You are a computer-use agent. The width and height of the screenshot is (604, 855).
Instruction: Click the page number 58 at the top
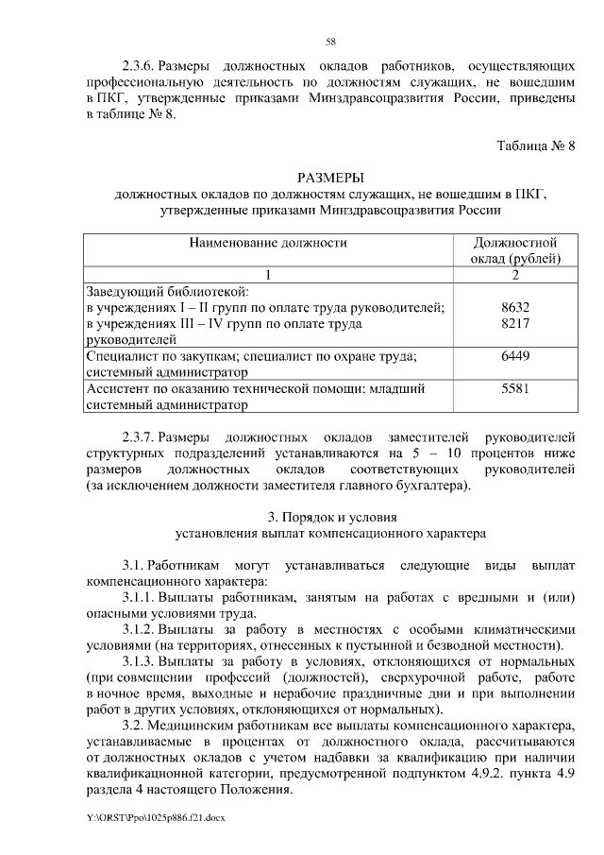330,41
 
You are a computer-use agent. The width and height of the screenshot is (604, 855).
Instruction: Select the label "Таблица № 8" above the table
535,145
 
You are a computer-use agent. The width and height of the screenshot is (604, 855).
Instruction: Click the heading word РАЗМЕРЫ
330,178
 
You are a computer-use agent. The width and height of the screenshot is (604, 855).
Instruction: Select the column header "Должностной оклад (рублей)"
515,250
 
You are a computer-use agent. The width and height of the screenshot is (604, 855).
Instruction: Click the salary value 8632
515,308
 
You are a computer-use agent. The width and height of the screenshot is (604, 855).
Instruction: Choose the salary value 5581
515,388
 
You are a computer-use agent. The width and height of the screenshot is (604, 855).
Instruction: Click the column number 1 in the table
268,274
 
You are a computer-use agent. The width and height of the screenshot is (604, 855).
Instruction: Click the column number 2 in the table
515,274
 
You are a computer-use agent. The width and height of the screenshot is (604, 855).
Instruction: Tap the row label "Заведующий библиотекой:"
167,291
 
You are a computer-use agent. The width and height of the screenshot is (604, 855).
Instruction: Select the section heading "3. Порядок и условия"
330,517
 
